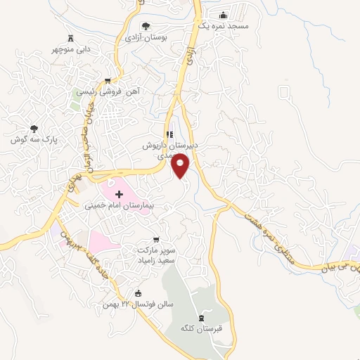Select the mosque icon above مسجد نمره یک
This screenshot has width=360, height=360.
click(x=224, y=15)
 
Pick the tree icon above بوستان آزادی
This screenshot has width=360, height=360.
click(x=146, y=26)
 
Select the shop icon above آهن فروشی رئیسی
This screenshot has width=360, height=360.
click(x=107, y=81)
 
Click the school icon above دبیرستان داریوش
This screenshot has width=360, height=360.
click(x=169, y=134)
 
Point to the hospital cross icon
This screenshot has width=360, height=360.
click(x=118, y=193)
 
